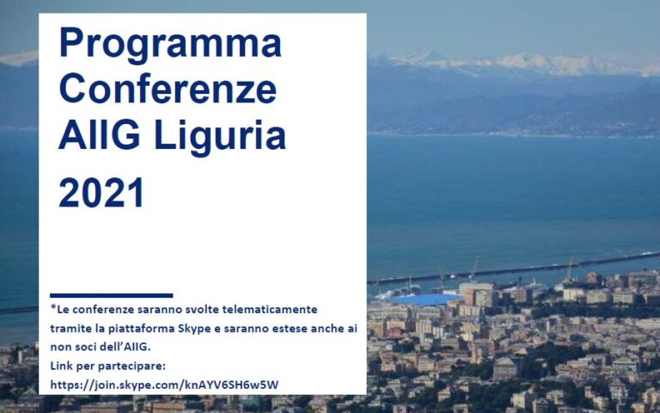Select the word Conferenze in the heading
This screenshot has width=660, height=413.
click(168, 88)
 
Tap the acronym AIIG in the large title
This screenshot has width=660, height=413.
click(100, 135)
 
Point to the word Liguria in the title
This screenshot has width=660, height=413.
click(220, 138)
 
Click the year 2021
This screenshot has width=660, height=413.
click(101, 193)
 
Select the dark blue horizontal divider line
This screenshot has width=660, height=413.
click(111, 295)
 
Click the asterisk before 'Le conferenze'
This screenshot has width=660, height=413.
click(53, 307)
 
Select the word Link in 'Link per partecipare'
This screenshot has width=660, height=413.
click(59, 366)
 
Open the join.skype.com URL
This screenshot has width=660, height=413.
click(164, 385)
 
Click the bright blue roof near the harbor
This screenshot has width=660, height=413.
click(425, 299)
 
